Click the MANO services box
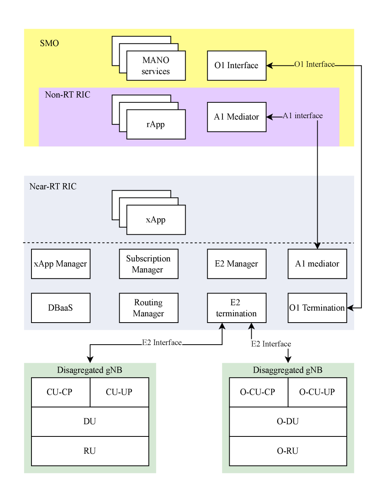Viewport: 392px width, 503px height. (x=156, y=66)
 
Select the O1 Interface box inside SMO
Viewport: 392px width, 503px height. (x=237, y=66)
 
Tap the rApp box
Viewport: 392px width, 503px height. (x=156, y=124)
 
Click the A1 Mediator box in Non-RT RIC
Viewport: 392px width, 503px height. (x=237, y=117)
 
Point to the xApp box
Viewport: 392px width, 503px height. (x=156, y=220)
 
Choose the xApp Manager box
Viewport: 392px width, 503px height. (x=61, y=264)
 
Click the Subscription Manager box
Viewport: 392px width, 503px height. (x=149, y=264)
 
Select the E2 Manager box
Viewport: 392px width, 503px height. (x=237, y=264)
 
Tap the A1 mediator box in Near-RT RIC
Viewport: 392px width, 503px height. (x=317, y=264)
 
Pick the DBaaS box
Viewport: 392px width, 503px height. (x=61, y=308)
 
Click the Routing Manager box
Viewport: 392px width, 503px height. (x=149, y=308)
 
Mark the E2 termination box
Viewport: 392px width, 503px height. (x=237, y=308)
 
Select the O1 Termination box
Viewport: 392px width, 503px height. (x=317, y=308)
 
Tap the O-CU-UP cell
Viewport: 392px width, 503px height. (x=317, y=392)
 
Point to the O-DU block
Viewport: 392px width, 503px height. (x=288, y=421)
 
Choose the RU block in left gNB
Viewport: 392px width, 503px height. (x=90, y=451)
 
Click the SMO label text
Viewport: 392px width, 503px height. (x=50, y=43)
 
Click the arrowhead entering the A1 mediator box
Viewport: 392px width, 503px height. (x=317, y=246)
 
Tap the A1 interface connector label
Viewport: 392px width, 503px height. (x=303, y=116)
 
